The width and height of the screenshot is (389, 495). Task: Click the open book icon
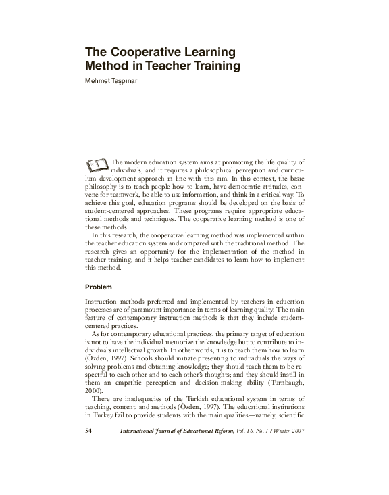[x=97, y=164]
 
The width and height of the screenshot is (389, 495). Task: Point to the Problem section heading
[x=99, y=287]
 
